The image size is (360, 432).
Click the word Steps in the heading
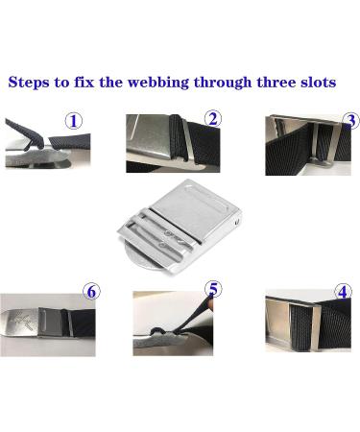(32, 83)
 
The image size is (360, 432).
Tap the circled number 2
(213, 118)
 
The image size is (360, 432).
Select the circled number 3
(350, 121)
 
